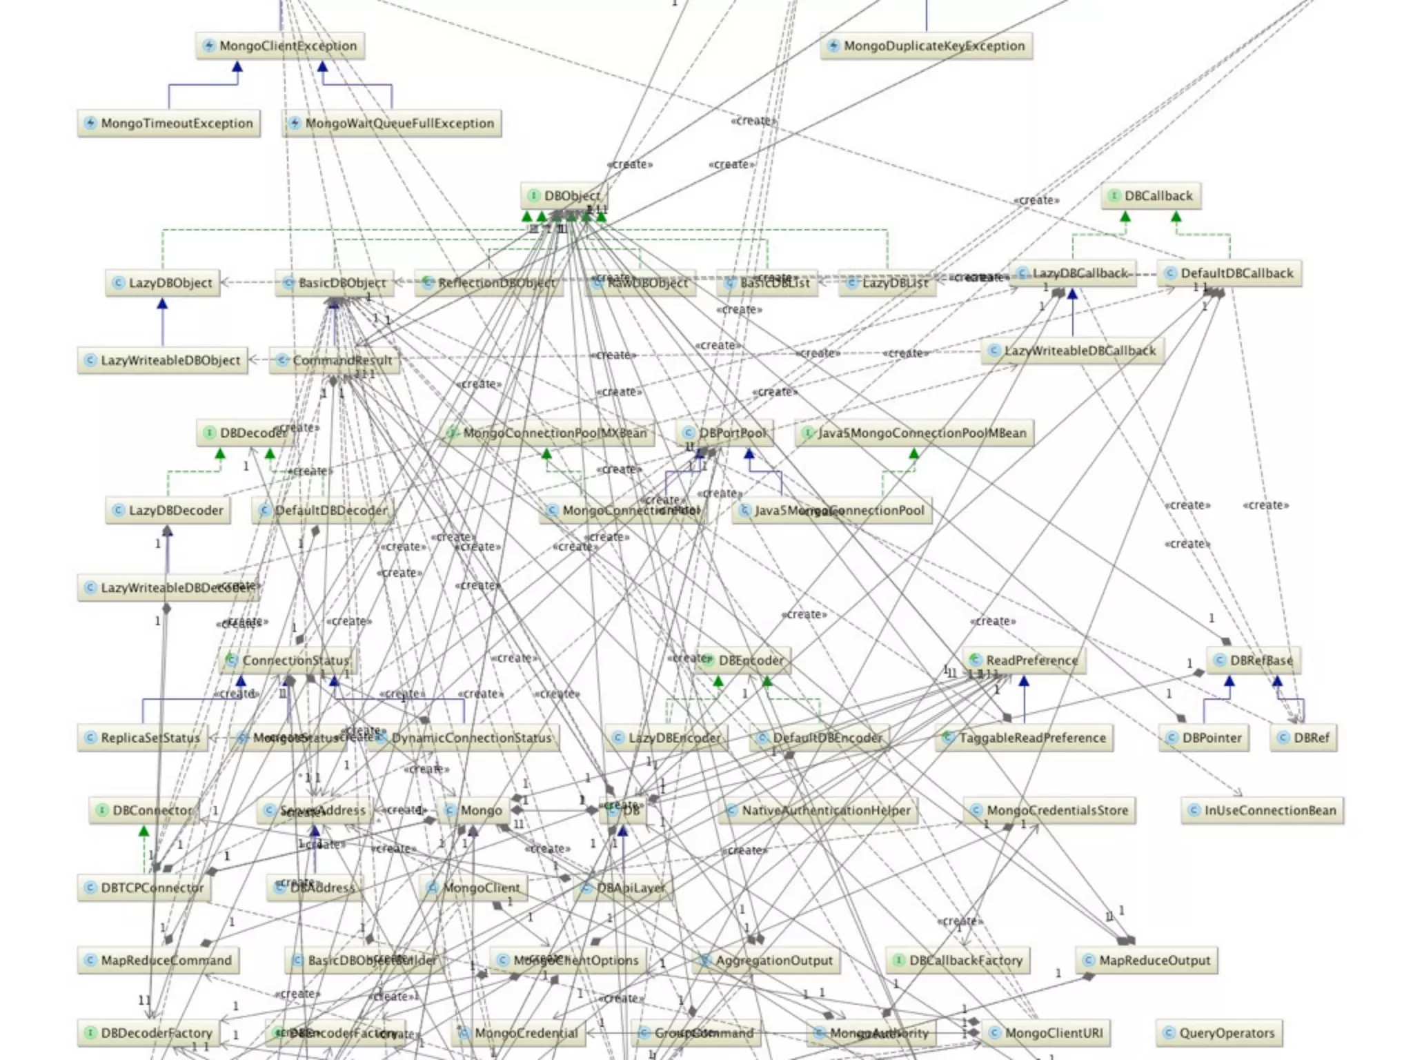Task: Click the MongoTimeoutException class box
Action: (169, 124)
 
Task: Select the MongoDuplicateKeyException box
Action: (926, 46)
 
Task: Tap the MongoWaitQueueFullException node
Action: (392, 124)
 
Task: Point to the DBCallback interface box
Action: (1151, 196)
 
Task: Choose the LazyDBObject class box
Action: (163, 283)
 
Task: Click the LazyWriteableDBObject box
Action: (163, 360)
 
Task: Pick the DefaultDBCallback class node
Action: (1229, 273)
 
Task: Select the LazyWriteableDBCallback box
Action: (1072, 351)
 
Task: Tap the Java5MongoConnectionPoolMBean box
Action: (914, 433)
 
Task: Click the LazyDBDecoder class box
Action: (168, 511)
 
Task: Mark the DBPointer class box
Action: (1204, 738)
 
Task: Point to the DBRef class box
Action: (1303, 738)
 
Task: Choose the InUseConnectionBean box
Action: (1263, 811)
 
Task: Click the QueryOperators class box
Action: (1219, 1033)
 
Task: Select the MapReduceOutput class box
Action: (1147, 961)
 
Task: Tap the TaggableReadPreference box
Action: (1025, 738)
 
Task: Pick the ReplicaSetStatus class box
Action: (143, 738)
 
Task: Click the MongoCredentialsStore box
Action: (1049, 811)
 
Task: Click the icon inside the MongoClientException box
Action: (209, 46)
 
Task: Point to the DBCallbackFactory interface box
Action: (958, 961)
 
